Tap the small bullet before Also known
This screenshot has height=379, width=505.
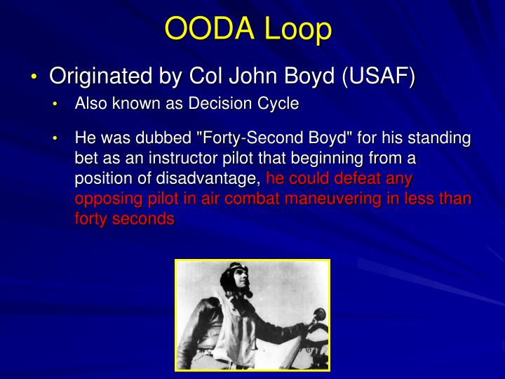[x=57, y=105]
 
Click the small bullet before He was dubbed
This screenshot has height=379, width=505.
[x=57, y=139]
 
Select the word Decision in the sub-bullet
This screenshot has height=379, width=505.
[x=224, y=105]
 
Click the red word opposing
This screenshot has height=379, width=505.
[x=103, y=199]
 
